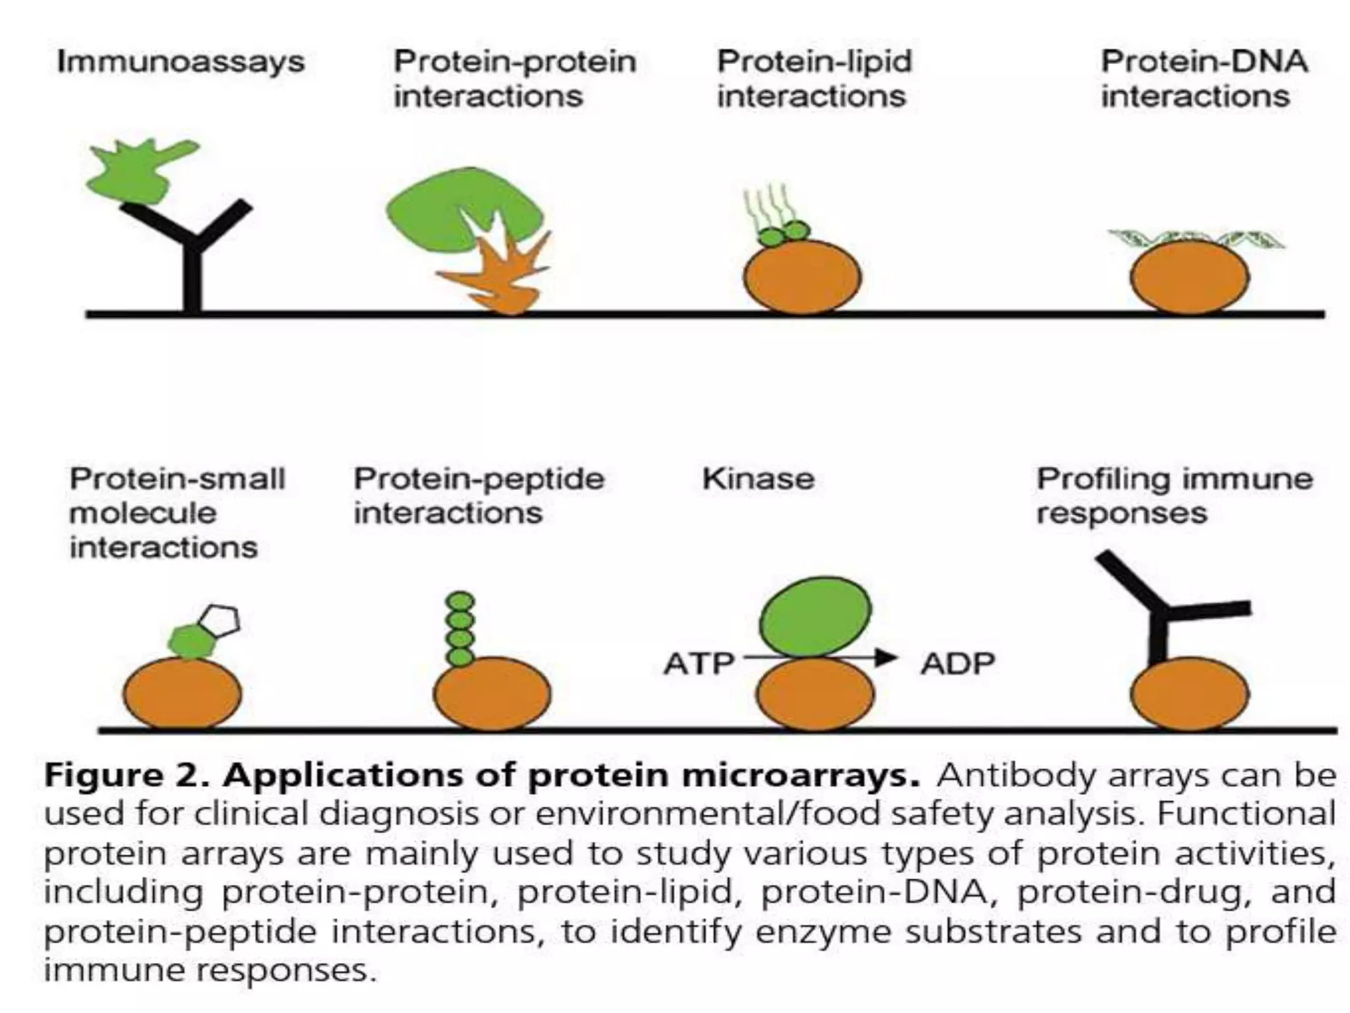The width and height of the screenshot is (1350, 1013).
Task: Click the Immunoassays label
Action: (181, 62)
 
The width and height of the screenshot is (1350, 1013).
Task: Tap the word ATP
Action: (699, 663)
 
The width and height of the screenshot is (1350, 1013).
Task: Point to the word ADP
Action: (958, 663)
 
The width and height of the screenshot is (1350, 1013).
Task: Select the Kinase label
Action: (758, 479)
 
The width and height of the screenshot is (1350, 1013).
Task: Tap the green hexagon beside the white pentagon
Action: (192, 640)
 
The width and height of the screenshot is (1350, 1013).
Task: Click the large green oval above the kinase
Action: (815, 617)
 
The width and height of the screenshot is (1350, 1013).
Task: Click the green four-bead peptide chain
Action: (460, 629)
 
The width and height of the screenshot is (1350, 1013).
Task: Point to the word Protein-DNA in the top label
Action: (1204, 62)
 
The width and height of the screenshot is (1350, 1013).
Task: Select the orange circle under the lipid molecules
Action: (802, 277)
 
